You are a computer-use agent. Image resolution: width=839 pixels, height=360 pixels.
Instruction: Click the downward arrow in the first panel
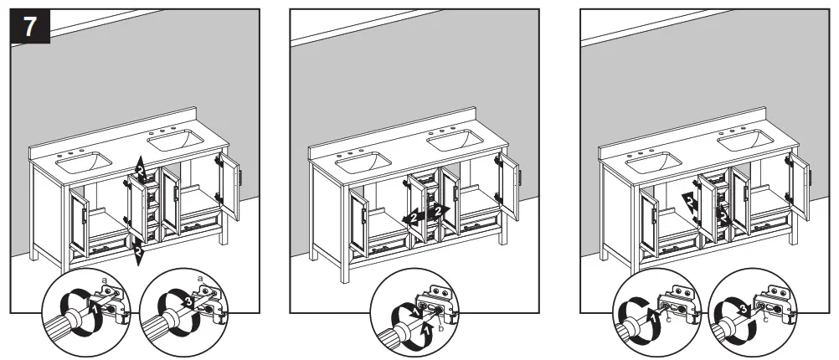coord(139,249)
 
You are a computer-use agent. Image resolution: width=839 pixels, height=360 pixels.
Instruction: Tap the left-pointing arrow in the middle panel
coord(411,216)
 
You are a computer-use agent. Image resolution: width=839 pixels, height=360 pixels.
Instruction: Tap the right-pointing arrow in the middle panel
coord(440,211)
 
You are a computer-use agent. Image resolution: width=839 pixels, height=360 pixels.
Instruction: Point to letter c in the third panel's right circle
coord(763,318)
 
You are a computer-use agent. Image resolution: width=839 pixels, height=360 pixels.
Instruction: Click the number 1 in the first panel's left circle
coord(95,308)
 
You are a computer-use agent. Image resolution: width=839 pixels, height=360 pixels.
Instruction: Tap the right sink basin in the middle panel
coord(458,142)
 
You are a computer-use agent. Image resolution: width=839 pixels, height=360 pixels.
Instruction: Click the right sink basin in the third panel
coord(745,140)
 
